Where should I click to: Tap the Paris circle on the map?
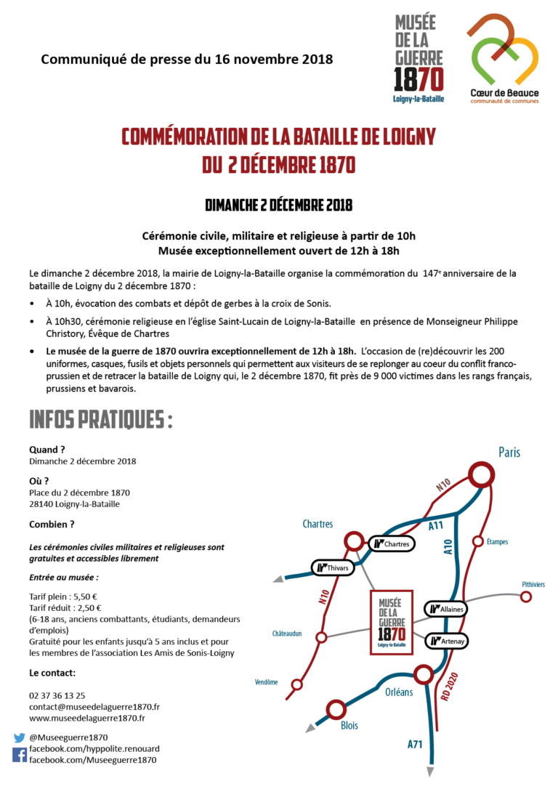click(x=480, y=475)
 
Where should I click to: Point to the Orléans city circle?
click(x=423, y=675)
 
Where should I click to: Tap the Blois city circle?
click(x=336, y=709)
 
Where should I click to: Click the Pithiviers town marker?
click(x=527, y=596)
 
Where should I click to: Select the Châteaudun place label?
click(x=287, y=633)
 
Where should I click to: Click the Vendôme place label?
click(x=267, y=681)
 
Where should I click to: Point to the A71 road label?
click(x=415, y=743)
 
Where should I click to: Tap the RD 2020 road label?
click(x=451, y=685)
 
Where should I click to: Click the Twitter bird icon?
click(x=20, y=737)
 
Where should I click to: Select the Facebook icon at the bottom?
click(x=20, y=755)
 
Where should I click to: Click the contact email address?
click(x=94, y=706)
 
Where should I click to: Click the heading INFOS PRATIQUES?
click(x=100, y=420)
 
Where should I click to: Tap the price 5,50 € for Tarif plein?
click(x=85, y=596)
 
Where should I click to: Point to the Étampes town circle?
click(x=478, y=541)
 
